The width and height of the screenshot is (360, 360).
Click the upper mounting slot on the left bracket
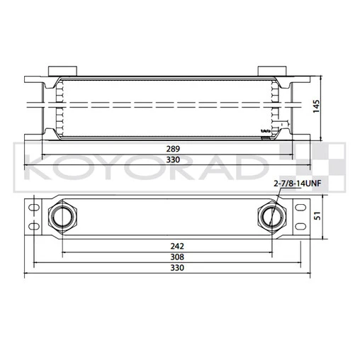(x=31, y=206)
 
